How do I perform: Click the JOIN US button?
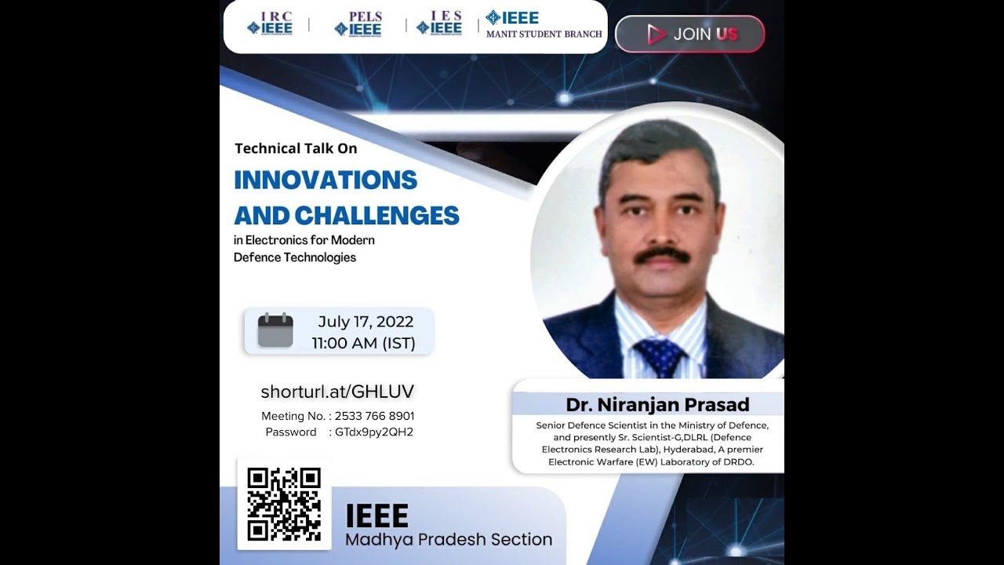(689, 34)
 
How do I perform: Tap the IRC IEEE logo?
(270, 24)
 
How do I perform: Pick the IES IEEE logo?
(439, 24)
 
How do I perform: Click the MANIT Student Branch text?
(544, 34)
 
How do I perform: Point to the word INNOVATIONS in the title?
(326, 180)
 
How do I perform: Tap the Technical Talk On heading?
(296, 148)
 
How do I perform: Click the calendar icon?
(275, 330)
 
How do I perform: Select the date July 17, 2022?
(366, 322)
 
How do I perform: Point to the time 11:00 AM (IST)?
(363, 343)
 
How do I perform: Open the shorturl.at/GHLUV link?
(337, 392)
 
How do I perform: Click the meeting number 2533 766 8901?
(374, 416)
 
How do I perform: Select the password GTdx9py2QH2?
(374, 432)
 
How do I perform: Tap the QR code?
(284, 504)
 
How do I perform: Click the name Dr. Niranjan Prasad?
(657, 405)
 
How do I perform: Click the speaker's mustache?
(661, 255)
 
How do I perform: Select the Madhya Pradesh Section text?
(449, 539)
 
